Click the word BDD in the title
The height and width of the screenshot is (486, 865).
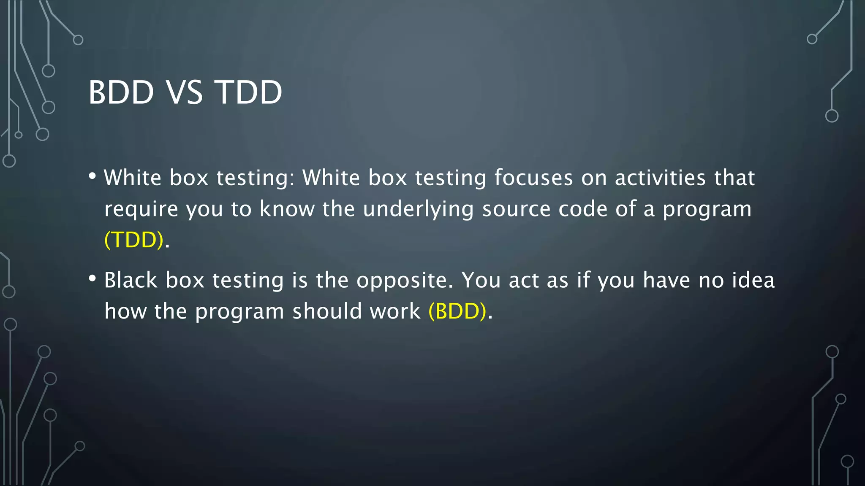point(121,92)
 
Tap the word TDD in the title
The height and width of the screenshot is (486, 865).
point(249,92)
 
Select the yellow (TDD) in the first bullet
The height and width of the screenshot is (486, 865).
point(134,240)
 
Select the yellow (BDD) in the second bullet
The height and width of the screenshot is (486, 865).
point(457,311)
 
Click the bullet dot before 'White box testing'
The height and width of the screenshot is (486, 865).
point(92,176)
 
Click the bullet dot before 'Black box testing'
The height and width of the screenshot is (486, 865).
point(92,278)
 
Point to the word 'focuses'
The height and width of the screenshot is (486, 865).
point(533,178)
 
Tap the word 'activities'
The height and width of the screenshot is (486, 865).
point(660,178)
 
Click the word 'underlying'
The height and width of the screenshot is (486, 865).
point(418,209)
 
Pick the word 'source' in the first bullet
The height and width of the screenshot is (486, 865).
point(516,209)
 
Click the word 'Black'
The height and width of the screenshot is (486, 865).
point(131,280)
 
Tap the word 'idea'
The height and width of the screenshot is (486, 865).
point(753,280)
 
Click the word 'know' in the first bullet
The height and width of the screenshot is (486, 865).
point(287,209)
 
